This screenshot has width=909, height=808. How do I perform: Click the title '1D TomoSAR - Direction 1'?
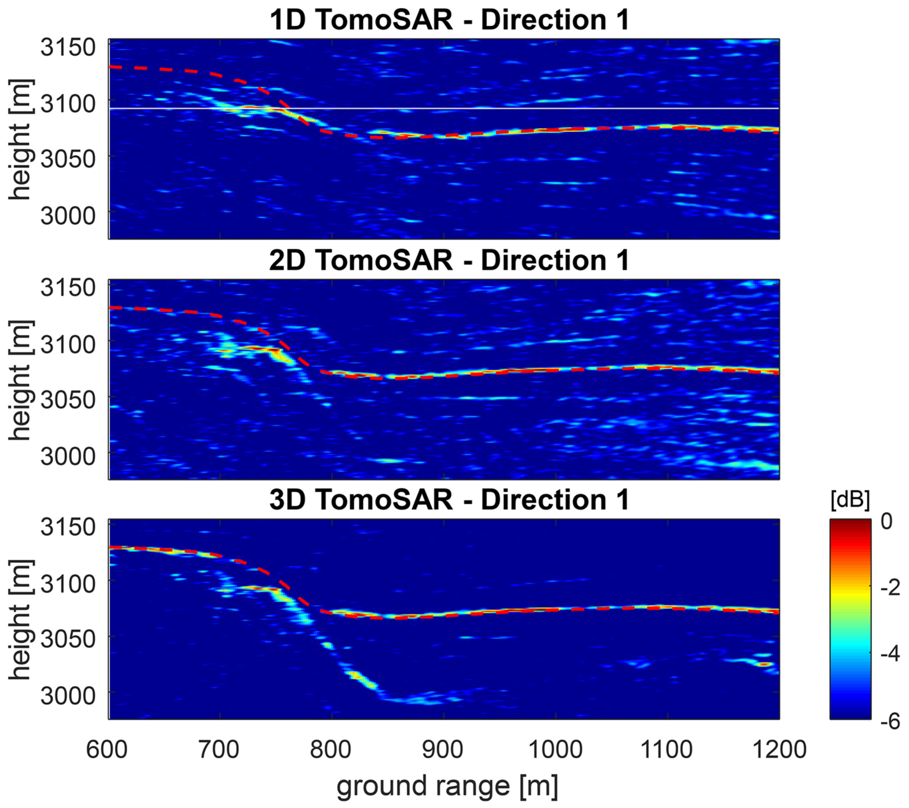[x=449, y=20]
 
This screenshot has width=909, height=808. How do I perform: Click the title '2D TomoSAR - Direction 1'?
[x=449, y=260]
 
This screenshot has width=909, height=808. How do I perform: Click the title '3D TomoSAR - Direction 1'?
[x=449, y=500]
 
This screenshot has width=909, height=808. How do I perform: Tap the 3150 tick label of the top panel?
[x=68, y=47]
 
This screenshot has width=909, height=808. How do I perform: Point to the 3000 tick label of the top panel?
[x=68, y=216]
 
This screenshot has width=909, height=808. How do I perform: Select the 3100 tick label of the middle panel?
[x=68, y=344]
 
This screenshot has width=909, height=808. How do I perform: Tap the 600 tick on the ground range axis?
[x=107, y=749]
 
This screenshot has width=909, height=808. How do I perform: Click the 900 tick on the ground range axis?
[x=442, y=749]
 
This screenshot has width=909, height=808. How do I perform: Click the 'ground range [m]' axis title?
[x=447, y=787]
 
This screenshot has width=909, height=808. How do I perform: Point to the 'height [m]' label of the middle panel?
[x=20, y=381]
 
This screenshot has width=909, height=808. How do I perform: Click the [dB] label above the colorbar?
[x=850, y=500]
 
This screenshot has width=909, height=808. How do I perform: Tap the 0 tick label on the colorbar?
[x=886, y=521]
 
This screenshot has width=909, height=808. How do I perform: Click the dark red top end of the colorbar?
[x=850, y=523]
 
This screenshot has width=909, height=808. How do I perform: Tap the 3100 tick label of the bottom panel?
[x=68, y=584]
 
